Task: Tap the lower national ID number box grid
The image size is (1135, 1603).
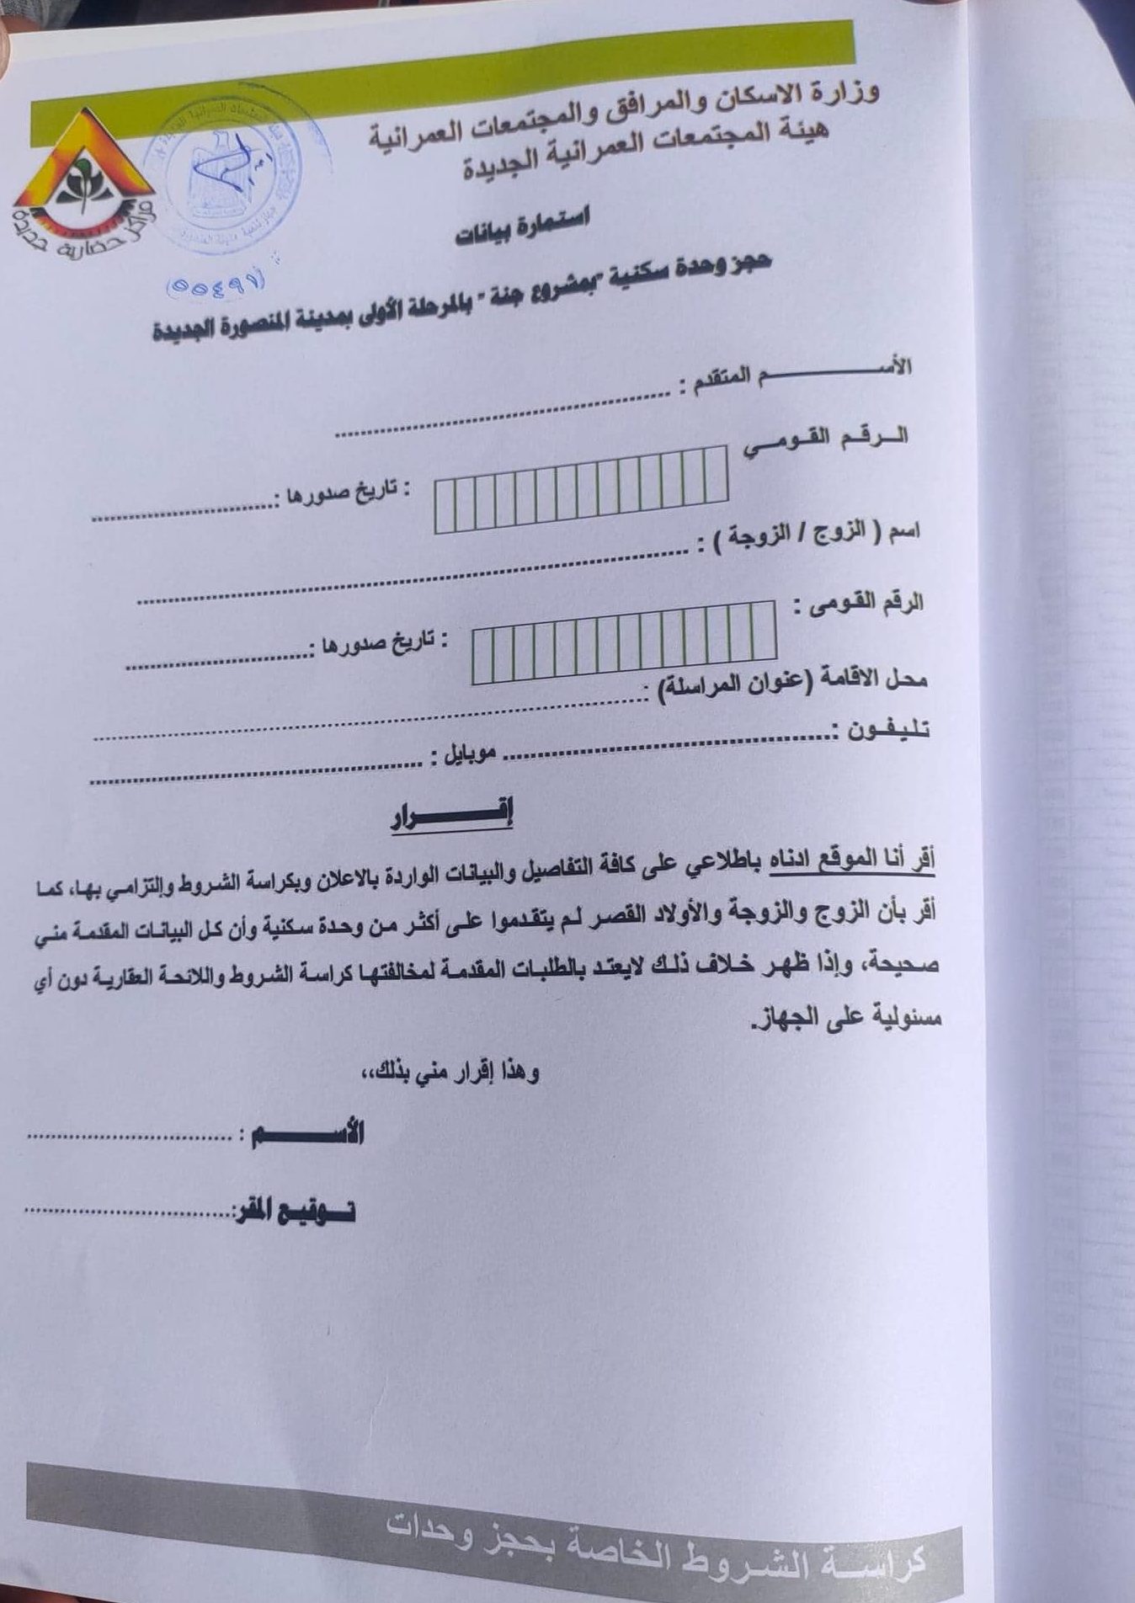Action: (x=624, y=642)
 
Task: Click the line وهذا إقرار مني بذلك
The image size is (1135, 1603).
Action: (x=459, y=1072)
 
